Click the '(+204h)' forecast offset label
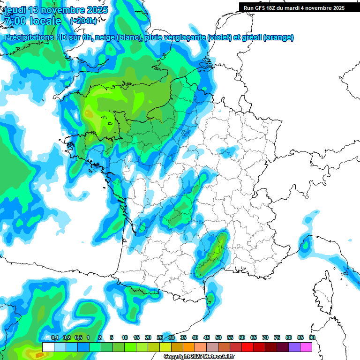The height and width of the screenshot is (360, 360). click(83, 21)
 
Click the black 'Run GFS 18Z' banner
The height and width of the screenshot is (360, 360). click(294, 7)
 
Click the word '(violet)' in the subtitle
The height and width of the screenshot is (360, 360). click(220, 37)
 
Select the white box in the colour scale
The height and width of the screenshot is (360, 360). click(48, 347)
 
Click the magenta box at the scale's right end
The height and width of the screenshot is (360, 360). click(306, 347)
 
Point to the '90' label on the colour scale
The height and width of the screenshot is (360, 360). click(312, 337)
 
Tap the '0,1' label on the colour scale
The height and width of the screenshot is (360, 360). click(54, 337)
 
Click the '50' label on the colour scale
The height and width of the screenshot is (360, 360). click(218, 337)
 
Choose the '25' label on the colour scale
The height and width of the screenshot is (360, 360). click(160, 337)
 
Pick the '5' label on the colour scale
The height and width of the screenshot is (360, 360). click(112, 337)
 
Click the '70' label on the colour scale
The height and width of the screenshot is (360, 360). click(265, 337)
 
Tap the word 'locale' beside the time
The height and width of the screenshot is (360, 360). click(45, 21)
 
